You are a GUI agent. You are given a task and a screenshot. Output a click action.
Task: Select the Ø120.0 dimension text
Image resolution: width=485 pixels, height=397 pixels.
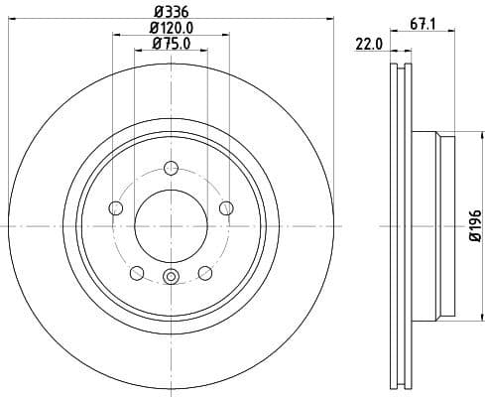point(171,29)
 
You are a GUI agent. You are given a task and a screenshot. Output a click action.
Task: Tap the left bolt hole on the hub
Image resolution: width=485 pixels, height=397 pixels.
point(114,207)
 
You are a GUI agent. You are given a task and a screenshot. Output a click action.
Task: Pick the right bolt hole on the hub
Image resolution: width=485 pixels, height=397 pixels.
point(227,207)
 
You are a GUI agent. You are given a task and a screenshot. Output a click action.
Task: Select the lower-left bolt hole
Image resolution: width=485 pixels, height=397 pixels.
point(136,273)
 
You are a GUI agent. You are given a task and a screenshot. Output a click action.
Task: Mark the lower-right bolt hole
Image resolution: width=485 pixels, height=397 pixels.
point(205,273)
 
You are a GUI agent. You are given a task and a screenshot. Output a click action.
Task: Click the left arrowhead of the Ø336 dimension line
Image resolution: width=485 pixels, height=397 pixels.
point(11,20)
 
